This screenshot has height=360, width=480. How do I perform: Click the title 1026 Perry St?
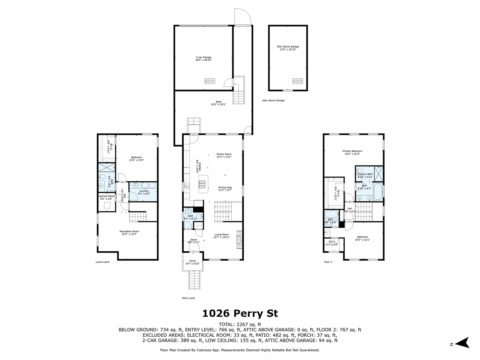[240, 313]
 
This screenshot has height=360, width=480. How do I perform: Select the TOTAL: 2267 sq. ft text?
[240, 324]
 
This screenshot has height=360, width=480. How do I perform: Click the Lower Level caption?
[102, 262]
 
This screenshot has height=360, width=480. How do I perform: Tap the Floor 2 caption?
[328, 262]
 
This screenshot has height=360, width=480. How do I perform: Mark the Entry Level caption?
[188, 298]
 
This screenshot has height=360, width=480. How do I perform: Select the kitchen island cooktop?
[202, 184]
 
